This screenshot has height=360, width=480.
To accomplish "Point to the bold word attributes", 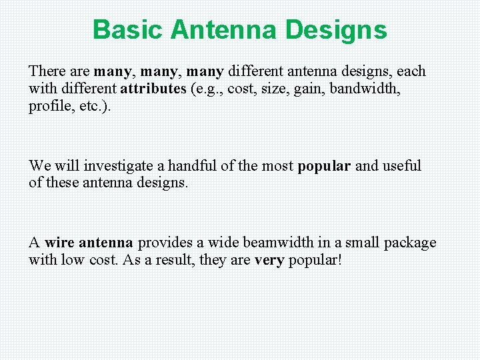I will click(x=153, y=89).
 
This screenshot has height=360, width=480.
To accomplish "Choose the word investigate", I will click(x=124, y=165).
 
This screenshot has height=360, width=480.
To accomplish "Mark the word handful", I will click(x=197, y=165).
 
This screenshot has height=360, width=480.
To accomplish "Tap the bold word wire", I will click(x=59, y=243).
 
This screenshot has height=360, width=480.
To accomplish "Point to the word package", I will click(x=410, y=243).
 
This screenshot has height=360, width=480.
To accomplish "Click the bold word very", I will click(x=269, y=260).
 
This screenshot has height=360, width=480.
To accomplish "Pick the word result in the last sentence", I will click(x=171, y=260).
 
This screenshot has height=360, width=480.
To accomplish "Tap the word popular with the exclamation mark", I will click(x=315, y=260).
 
